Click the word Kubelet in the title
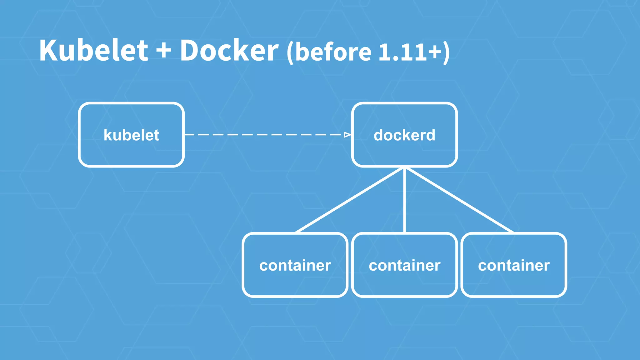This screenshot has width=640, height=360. pos(93,51)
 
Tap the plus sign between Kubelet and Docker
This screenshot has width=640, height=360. pos(164,51)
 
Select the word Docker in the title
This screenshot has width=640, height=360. pos(229,51)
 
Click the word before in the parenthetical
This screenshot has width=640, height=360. pos(333,52)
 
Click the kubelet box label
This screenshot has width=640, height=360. pos(131,135)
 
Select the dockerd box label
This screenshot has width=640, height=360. pos(404,135)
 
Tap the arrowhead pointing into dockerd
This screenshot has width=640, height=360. pos(347,135)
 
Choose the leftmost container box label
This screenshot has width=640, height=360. pos(295,266)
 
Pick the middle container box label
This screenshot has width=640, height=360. pos(404,266)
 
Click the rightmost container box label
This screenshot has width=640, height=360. pos(514,266)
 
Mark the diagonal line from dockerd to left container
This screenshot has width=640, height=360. pos(350,200)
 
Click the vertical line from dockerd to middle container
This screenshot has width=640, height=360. pos(405,200)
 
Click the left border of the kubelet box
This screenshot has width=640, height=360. pos(80,135)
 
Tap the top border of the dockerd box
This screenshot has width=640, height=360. pos(404,103)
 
